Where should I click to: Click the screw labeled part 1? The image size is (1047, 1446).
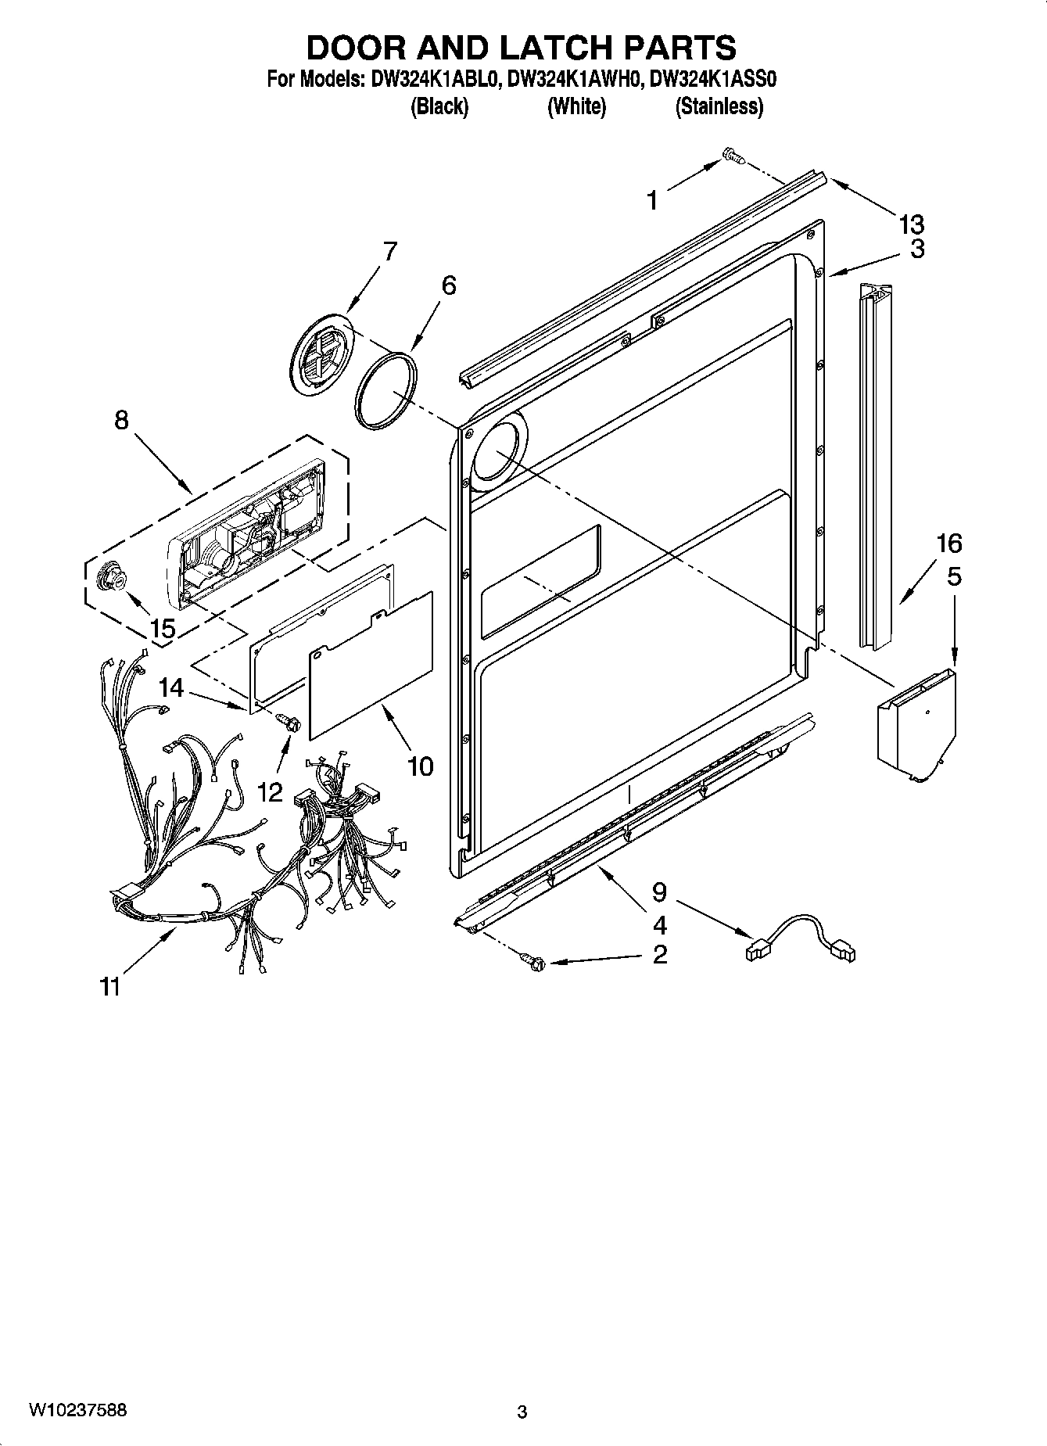coord(733,157)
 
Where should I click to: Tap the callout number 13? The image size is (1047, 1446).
coord(911,224)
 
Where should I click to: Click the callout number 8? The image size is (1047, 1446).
coord(121,420)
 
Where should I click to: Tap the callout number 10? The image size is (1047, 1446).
coord(420,766)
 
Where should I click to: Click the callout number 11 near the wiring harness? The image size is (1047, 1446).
coord(110,988)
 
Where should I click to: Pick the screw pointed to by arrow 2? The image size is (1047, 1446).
coord(532,961)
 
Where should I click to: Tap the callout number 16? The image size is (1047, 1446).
coord(948,543)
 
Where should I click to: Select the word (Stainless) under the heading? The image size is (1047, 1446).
coord(719,107)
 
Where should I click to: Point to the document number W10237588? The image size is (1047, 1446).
coord(77,1409)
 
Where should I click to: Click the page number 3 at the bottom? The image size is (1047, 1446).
coord(522,1412)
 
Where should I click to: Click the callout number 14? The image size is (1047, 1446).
coord(171,687)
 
